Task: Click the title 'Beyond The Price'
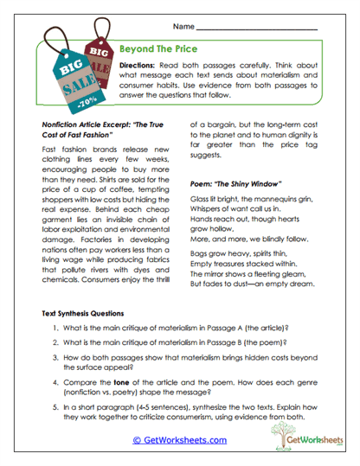160,50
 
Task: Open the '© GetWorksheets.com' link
179,440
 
